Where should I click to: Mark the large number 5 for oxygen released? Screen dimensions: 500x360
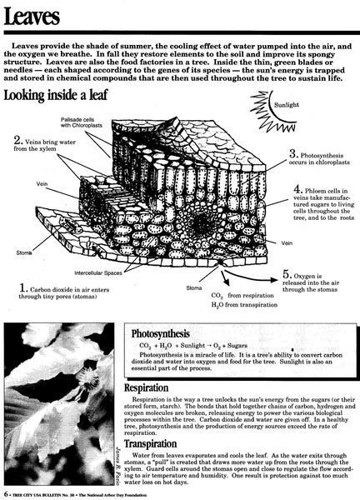pyautogui.click(x=287, y=273)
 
